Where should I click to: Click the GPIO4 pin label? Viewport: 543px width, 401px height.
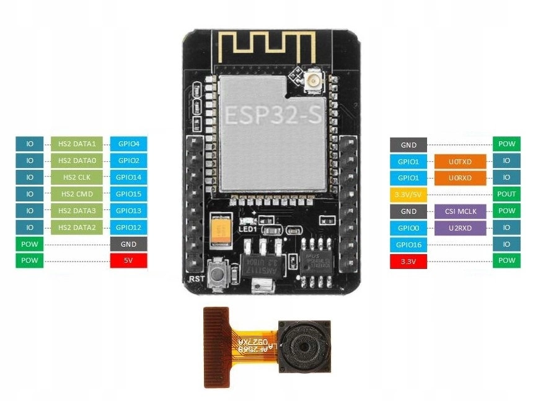point(128,144)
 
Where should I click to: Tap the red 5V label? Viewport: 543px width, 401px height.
point(128,261)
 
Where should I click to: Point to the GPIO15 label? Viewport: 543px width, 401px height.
point(128,194)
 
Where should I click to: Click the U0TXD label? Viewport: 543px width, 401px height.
point(460,161)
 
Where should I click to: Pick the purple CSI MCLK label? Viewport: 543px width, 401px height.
point(460,211)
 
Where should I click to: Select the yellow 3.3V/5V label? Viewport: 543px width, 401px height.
point(408,194)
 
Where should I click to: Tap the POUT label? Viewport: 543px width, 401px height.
point(506,194)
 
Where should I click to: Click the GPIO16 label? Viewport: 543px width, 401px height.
point(408,244)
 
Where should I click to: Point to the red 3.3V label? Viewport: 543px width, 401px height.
point(408,261)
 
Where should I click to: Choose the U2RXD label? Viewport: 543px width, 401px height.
point(460,227)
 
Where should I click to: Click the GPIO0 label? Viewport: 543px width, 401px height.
point(408,227)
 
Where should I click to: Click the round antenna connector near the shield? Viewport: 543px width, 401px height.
point(312,82)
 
